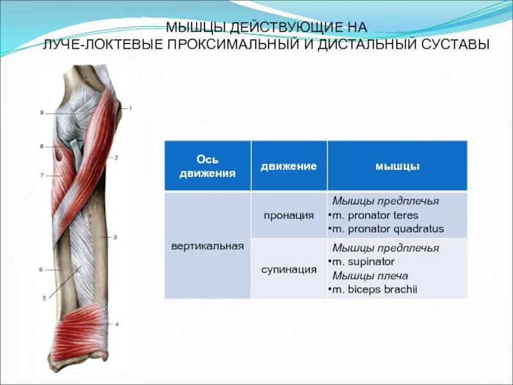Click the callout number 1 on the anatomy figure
[130, 108]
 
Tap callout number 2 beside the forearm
[117, 157]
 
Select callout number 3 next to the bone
[115, 237]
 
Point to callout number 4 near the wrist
[117, 324]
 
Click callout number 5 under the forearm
[44, 298]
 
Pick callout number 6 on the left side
[40, 269]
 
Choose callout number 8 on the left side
[41, 147]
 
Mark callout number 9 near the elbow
[41, 113]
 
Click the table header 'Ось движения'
[207, 166]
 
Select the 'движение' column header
[289, 166]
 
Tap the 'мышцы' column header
[397, 166]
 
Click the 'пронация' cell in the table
[289, 215]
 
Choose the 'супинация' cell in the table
[289, 269]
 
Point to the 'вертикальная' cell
[207, 246]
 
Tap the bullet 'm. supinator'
[363, 262]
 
